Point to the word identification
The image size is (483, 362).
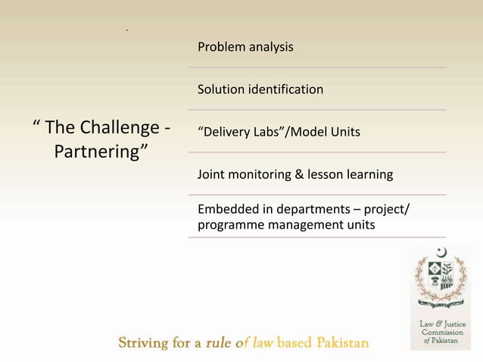[x=286, y=90]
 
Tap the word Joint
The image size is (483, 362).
[x=211, y=175]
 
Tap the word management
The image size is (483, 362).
[x=301, y=225]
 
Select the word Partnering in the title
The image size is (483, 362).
[x=97, y=151]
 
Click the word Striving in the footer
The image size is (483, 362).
[x=145, y=343]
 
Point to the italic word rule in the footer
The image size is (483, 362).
[x=219, y=343]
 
